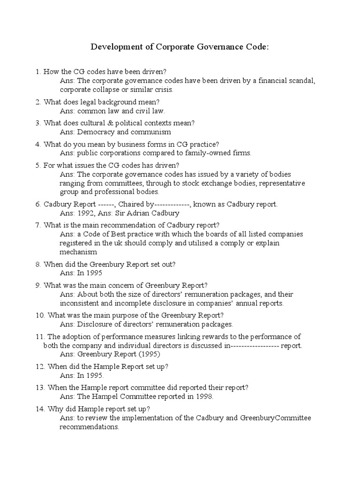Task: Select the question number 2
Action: coord(37,102)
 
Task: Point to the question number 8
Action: coord(37,264)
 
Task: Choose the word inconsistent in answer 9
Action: coord(79,303)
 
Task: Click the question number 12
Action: coord(39,366)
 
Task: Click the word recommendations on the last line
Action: coord(89,427)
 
